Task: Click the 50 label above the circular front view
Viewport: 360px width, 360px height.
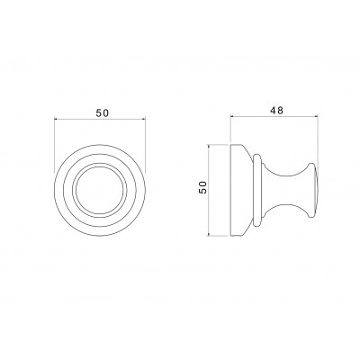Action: [x=102, y=112]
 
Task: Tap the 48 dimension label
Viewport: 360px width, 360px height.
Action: [x=276, y=111]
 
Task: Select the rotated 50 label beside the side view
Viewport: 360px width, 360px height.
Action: [x=202, y=187]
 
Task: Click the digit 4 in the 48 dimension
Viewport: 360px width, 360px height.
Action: [x=273, y=111]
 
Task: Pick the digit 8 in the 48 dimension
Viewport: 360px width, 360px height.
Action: [x=280, y=111]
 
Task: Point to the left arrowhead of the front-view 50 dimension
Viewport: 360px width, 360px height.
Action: [x=57, y=119]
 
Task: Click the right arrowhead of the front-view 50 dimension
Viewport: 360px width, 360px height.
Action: [x=143, y=119]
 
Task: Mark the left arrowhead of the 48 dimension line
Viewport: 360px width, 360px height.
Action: [x=232, y=115]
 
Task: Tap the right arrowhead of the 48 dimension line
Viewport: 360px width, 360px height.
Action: [x=315, y=115]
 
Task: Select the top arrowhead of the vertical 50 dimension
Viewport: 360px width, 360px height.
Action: [x=209, y=147]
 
